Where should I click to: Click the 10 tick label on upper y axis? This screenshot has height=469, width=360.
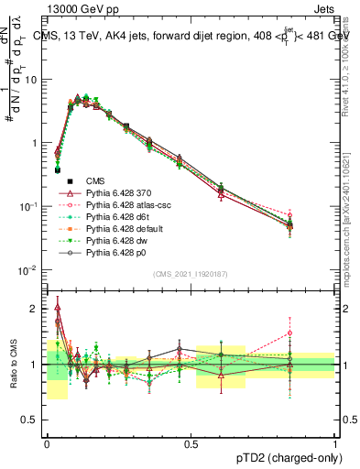click(30, 79)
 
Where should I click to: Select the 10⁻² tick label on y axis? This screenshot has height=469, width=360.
click(28, 270)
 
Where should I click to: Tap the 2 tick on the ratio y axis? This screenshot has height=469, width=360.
click(36, 309)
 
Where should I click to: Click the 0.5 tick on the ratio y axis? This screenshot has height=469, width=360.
click(31, 421)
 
